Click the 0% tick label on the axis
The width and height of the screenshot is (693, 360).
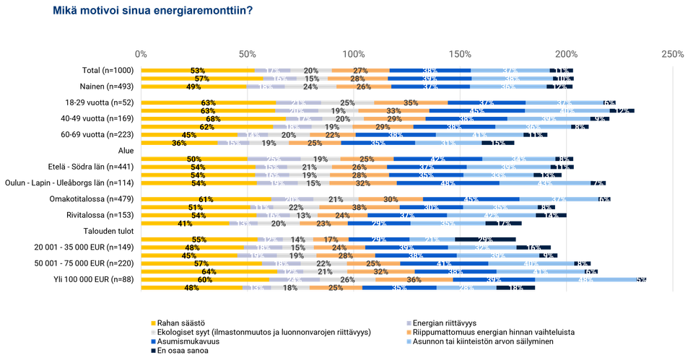pos(141,54)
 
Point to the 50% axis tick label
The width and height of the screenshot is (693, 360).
pos(248,54)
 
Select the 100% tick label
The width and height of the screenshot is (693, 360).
pos(354,54)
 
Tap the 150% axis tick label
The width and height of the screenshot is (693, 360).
pos(460,54)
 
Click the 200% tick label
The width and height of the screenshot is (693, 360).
pos(567,54)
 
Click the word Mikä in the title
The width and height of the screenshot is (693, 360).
pos(64,10)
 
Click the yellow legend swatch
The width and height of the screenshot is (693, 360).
pos(152,322)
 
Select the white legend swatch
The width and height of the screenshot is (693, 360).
pos(152,331)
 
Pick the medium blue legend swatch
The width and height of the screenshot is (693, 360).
pos(152,341)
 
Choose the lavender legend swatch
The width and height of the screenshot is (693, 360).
pos(409,322)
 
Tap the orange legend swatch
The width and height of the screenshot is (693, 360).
pos(409,331)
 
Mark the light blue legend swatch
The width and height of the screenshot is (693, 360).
pos(409,341)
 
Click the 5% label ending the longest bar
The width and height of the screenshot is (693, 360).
pos(641,279)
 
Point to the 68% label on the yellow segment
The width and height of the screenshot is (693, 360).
pos(213,119)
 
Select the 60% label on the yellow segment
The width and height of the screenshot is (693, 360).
pos(205,279)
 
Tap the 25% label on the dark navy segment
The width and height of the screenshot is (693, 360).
pos(485,240)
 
